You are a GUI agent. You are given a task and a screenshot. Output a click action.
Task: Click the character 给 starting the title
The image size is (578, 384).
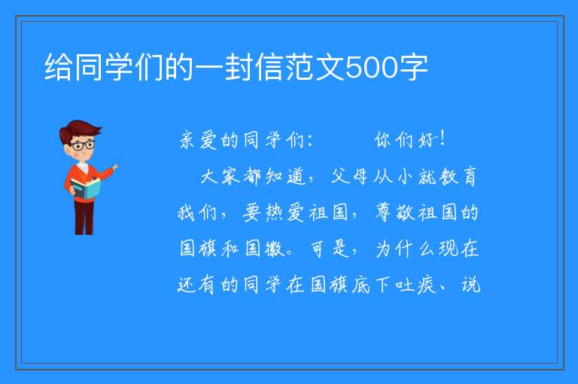tap(58, 67)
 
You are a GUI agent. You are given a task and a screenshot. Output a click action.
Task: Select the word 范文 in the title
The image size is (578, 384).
tap(315, 67)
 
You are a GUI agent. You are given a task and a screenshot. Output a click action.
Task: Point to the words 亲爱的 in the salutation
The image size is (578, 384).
tap(209, 140)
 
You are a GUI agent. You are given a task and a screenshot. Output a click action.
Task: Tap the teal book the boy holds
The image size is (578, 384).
tap(85, 189)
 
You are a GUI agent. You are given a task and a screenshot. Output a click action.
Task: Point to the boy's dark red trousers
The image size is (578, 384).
tap(84, 218)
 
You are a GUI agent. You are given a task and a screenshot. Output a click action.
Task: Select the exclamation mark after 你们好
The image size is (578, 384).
tap(443, 139)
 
